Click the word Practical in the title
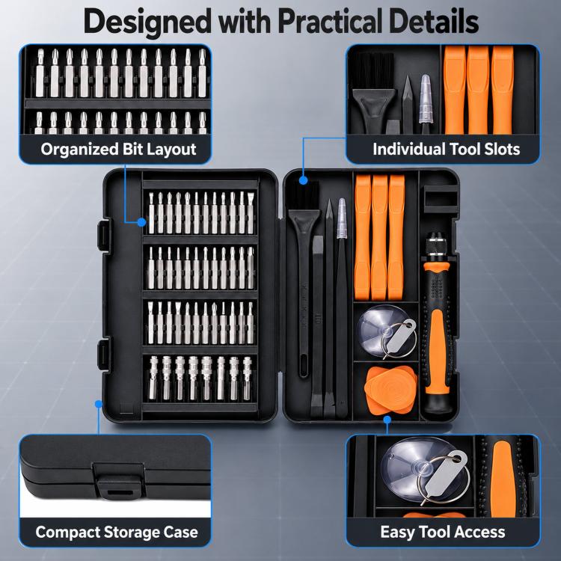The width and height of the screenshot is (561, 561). tap(330, 22)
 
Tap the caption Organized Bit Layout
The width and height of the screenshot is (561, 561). tap(118, 149)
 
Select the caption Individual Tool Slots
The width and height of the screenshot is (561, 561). tap(446, 149)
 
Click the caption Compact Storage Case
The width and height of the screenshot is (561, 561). tap(117, 532)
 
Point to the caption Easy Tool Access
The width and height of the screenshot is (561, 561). tap(443, 532)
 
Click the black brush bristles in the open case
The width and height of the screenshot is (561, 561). tap(304, 196)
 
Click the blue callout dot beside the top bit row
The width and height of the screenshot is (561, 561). tap(141, 222)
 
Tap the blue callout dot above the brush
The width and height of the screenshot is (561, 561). tap(304, 180)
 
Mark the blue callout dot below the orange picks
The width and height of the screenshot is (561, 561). tap(387, 420)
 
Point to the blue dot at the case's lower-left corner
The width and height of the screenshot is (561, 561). tap(99, 404)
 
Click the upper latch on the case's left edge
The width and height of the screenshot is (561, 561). tap(105, 235)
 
